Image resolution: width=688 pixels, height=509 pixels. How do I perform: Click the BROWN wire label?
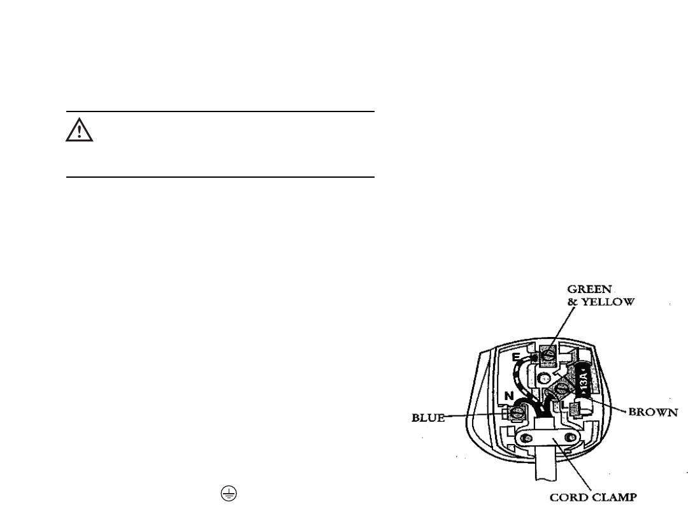pos(653,412)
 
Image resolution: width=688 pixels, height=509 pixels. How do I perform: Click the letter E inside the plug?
pos(517,357)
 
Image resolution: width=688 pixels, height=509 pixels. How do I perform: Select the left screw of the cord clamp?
pos(530,439)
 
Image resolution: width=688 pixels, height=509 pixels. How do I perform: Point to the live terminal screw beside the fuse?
pos(563,390)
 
